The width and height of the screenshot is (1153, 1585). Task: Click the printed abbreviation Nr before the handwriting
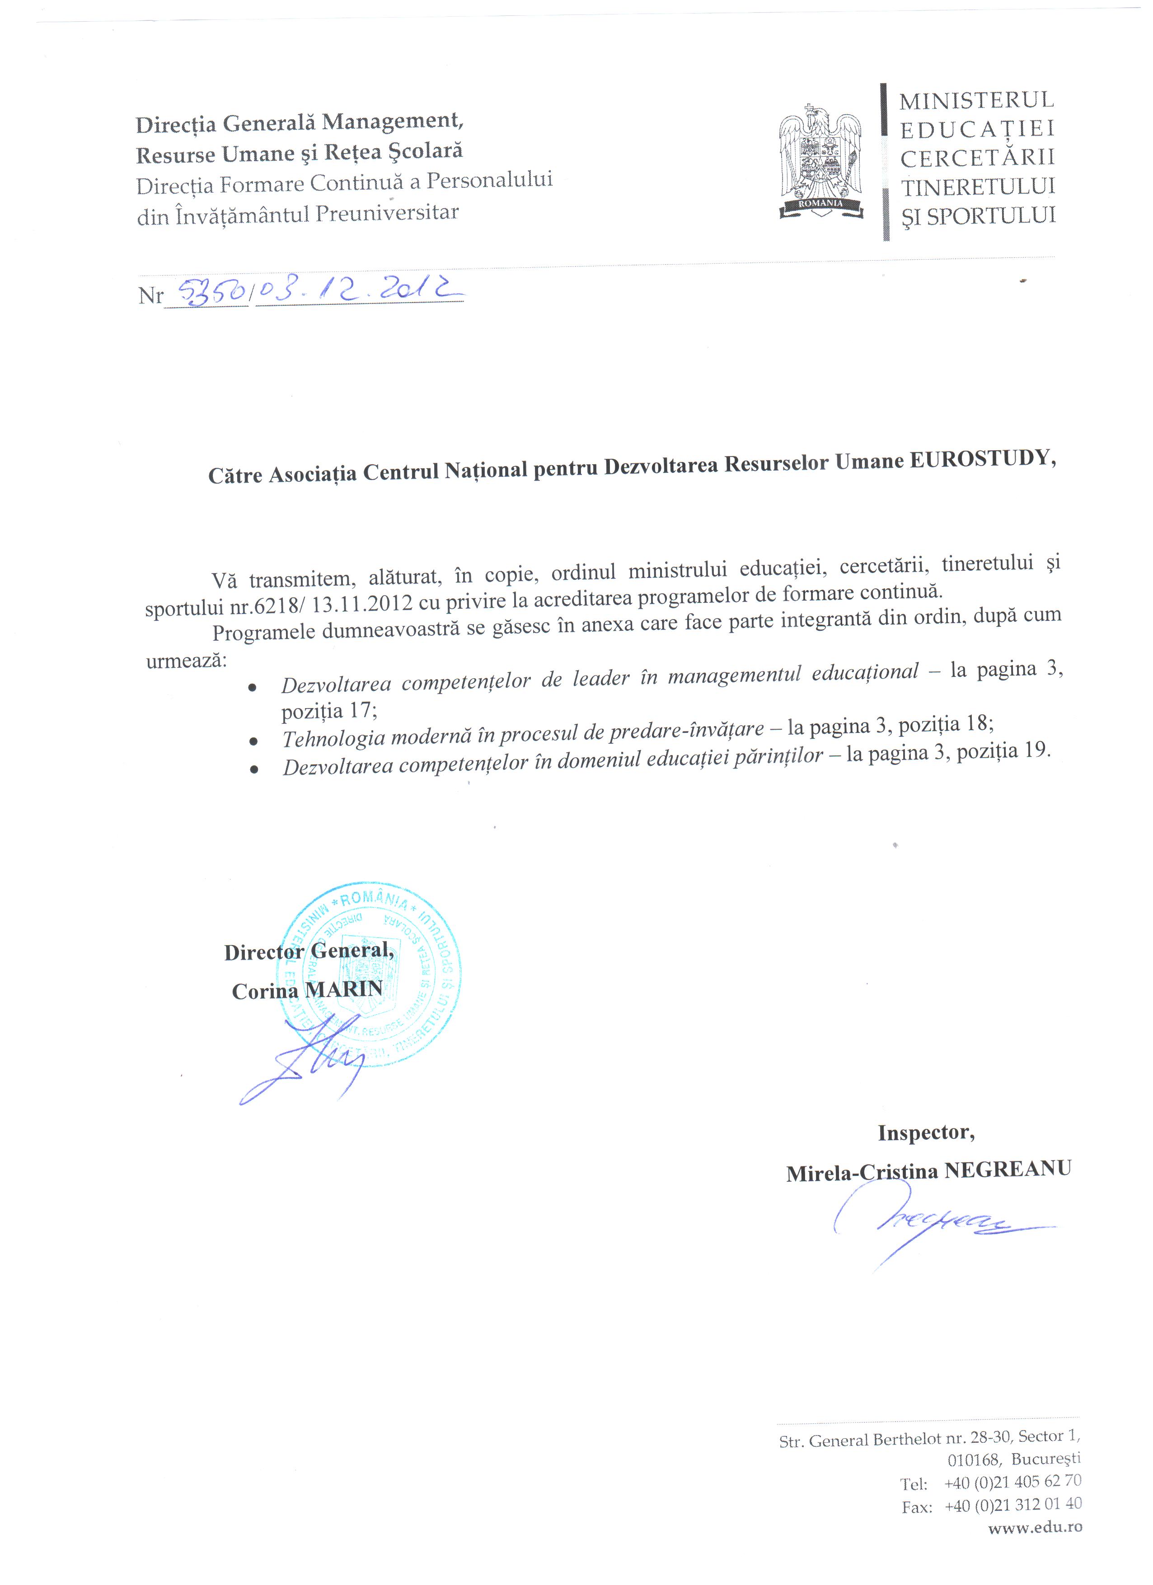pyautogui.click(x=150, y=296)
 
